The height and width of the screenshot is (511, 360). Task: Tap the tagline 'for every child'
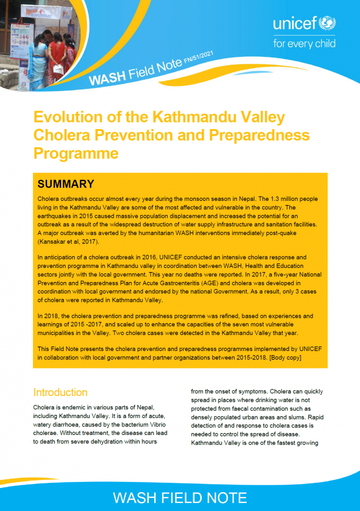pyautogui.click(x=304, y=43)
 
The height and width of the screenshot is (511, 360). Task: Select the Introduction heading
pyautogui.click(x=60, y=392)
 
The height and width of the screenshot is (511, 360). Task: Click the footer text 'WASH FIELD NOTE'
pyautogui.click(x=180, y=497)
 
